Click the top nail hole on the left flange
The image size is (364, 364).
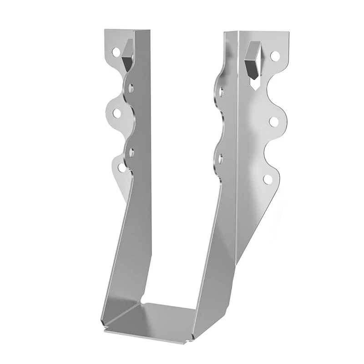114,52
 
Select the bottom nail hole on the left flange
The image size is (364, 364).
121,167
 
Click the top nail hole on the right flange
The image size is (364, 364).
274,56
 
